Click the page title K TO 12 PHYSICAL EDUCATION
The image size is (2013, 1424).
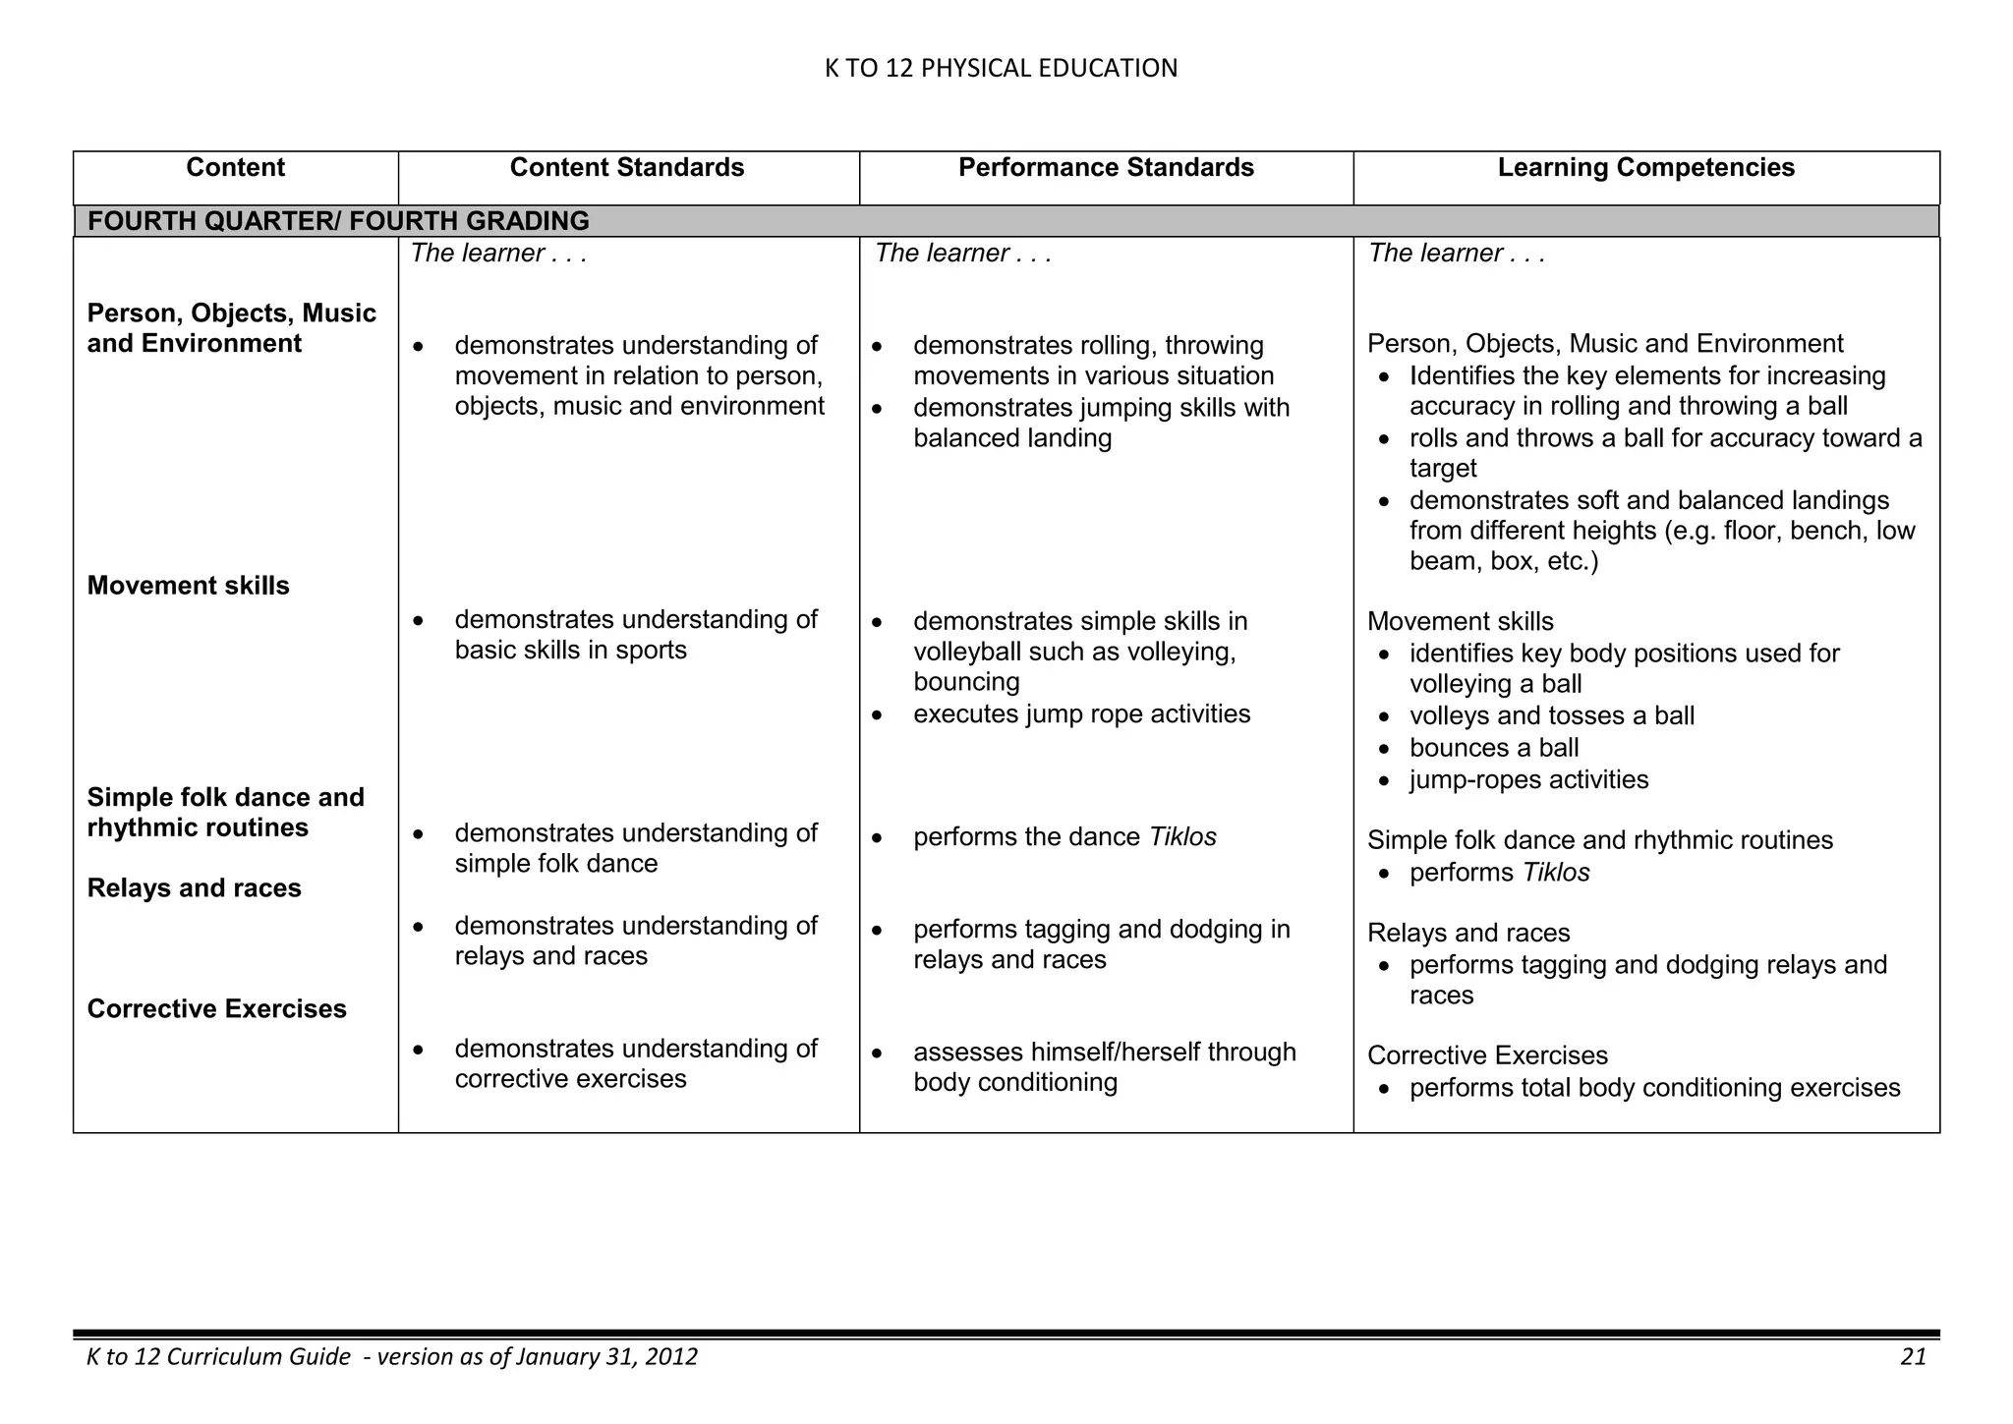point(1001,68)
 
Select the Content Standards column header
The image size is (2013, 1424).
point(627,168)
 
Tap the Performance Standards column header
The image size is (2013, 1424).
point(1106,168)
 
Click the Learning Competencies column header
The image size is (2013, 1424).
point(1645,168)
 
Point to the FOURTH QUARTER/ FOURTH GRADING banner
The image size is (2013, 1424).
point(338,221)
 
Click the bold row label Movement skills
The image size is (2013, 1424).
point(188,586)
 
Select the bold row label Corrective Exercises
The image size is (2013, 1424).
point(216,1009)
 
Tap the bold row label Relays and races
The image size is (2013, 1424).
point(194,888)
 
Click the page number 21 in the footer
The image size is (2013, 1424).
point(1913,1357)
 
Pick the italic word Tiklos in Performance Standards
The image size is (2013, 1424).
point(1182,837)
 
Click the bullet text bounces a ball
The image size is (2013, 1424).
point(1493,748)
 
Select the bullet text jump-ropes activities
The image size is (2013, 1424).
point(1528,780)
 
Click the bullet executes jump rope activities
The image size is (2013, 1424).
point(1081,714)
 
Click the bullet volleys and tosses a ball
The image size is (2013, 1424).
point(1551,715)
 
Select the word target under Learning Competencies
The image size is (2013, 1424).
point(1443,469)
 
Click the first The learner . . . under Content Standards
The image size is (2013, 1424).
point(498,254)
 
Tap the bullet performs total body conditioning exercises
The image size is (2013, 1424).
point(1654,1088)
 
